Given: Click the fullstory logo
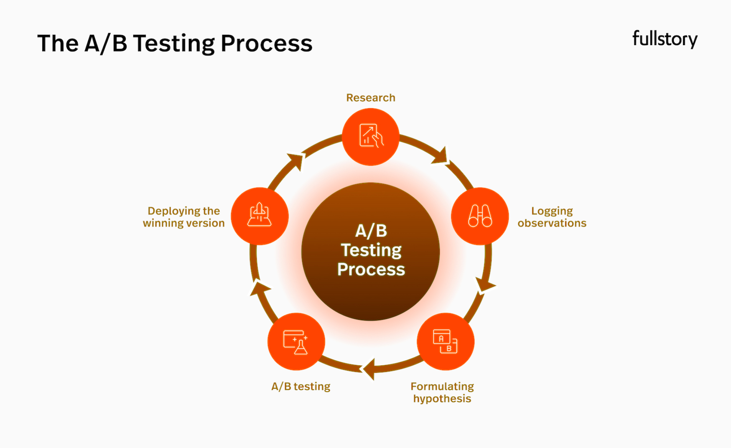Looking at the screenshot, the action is coord(665,39).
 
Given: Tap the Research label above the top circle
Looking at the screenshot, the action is coord(371,98).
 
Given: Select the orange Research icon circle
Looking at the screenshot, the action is coord(371,137).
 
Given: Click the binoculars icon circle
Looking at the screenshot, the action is coord(480,216).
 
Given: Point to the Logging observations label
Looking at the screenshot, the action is coord(552,217).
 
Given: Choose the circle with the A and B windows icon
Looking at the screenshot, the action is coord(446,341).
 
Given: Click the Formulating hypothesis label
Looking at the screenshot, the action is coord(442,392).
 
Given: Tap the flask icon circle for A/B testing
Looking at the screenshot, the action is coord(296,341).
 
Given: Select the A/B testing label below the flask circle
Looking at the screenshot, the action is coord(301,387).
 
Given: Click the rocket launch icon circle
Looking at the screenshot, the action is coord(260,216).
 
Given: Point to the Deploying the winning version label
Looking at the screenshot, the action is coord(184,217).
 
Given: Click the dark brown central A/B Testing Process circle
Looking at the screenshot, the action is coord(371,252).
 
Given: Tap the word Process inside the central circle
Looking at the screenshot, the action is coord(371,270).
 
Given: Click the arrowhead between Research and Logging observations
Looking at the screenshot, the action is coord(441,156).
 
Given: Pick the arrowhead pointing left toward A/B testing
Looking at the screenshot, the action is coord(369,369).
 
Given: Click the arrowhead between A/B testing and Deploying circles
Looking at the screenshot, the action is coord(260,288).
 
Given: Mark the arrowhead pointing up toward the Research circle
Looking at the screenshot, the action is coord(296,161).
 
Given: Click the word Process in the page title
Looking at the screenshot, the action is coord(267,43).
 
